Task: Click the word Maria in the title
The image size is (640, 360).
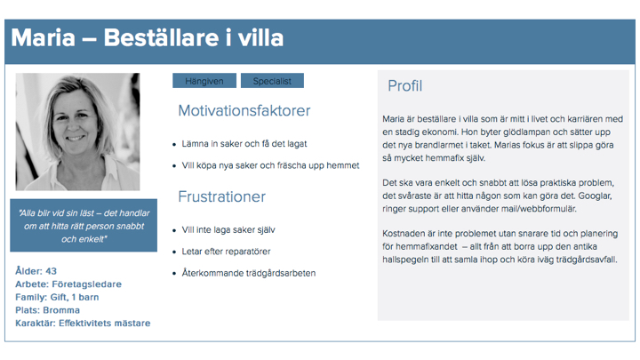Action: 44,37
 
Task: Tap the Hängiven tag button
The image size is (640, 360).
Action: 204,81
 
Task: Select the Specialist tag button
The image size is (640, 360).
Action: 272,81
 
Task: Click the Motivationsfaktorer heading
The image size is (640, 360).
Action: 244,110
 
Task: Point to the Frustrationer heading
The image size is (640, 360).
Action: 221,196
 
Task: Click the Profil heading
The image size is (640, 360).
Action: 405,86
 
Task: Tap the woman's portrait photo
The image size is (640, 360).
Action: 77,132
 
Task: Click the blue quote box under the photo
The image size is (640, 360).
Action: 84,225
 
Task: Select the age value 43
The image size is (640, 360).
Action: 51,271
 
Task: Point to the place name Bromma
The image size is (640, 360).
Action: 61,310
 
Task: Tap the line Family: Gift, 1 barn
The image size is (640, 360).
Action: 57,297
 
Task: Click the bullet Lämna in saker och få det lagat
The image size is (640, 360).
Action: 244,144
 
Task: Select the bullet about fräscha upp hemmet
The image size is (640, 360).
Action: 270,165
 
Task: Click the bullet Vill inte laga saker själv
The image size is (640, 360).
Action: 228,230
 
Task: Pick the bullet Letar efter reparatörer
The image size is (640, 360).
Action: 226,252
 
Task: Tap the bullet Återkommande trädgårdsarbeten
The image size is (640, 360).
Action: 249,273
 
